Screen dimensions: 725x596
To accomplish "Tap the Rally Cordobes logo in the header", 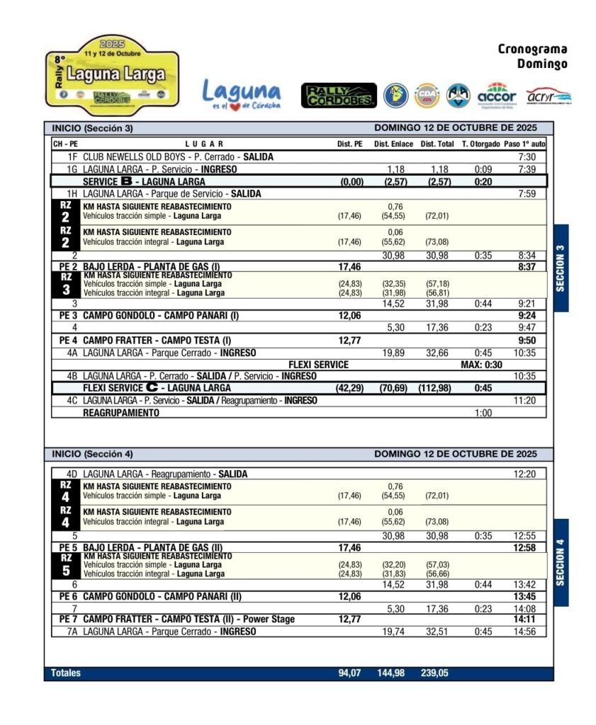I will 339,96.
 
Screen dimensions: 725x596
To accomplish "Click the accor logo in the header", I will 497,94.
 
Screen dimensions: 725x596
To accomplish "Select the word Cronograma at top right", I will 532,50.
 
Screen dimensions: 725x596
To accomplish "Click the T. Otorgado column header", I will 480,144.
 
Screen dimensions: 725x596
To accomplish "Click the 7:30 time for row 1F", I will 527,157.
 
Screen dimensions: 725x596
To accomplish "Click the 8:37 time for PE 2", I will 527,267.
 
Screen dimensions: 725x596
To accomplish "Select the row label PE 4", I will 67,340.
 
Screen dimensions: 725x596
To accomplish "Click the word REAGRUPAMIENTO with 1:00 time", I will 121,413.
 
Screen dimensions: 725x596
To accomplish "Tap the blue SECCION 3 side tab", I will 561,268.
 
